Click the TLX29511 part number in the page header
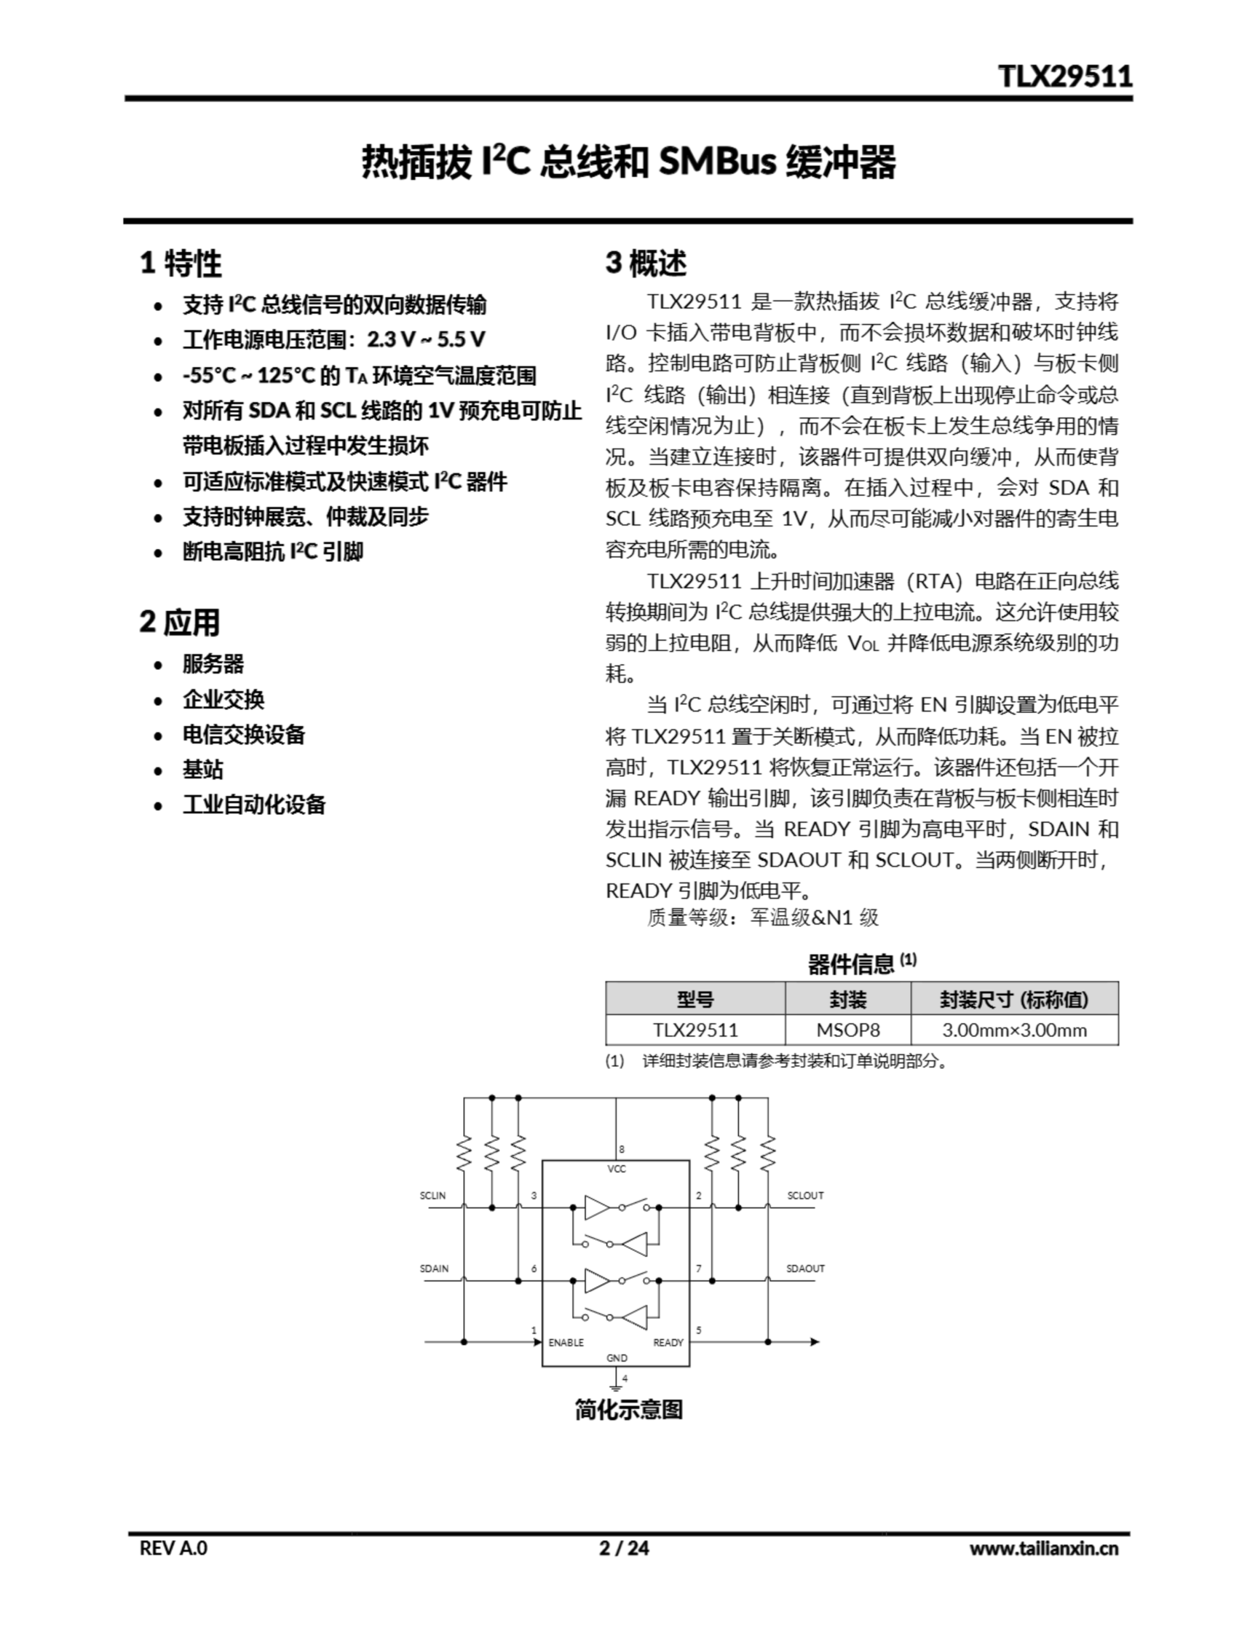click(1065, 76)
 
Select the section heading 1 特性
click(181, 263)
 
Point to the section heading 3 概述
click(646, 263)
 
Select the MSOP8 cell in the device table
click(848, 1030)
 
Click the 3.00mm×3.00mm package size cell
click(1014, 1030)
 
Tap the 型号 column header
click(695, 999)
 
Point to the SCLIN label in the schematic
click(432, 1196)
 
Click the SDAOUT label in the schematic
click(805, 1268)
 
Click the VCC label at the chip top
click(617, 1169)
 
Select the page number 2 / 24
click(624, 1548)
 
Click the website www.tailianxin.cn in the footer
click(1043, 1548)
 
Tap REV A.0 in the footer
click(174, 1548)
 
